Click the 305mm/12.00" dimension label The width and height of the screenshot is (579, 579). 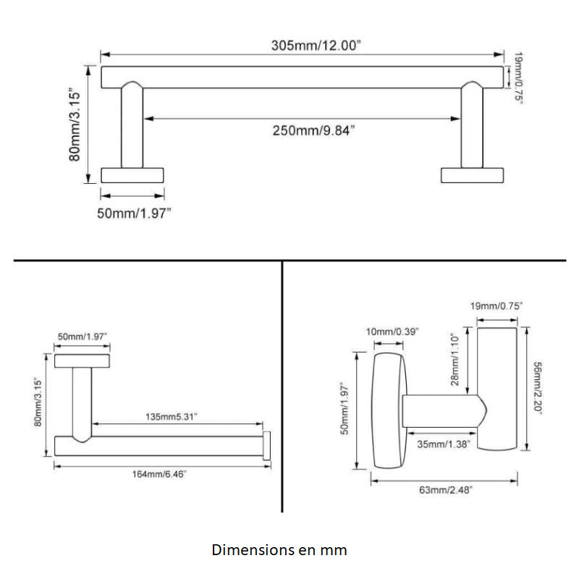point(316,45)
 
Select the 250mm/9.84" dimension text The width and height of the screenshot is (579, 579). point(313,130)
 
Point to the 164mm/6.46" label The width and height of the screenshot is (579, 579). point(159,474)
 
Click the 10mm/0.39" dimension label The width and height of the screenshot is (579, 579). point(392,331)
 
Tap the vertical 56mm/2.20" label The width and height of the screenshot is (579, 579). point(537,387)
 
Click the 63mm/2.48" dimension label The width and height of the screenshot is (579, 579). point(446,490)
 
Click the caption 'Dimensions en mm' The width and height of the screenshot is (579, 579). point(279,550)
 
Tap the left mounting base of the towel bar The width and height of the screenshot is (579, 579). point(132,175)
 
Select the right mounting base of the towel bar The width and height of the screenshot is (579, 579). point(472,175)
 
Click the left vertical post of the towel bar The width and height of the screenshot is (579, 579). point(132,127)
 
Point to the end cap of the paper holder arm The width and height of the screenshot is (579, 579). point(267,445)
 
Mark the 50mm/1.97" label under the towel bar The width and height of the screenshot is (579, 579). point(134,214)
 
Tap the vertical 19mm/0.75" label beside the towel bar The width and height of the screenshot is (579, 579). point(518,76)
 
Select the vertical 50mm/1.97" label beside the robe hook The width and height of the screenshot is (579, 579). point(346,409)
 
